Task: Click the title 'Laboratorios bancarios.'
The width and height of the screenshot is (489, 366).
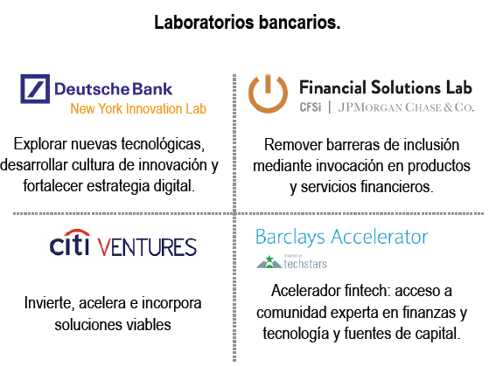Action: tap(248, 23)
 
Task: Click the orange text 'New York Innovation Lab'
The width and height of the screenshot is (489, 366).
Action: tap(138, 109)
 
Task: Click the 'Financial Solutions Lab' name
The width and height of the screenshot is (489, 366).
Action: tap(385, 87)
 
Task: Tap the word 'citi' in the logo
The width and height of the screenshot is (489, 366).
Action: tap(69, 245)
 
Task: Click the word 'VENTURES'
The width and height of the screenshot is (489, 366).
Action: tap(146, 246)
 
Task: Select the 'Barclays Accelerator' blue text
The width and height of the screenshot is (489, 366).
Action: tap(341, 237)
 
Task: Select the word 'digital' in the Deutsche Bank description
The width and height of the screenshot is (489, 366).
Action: tap(171, 185)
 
